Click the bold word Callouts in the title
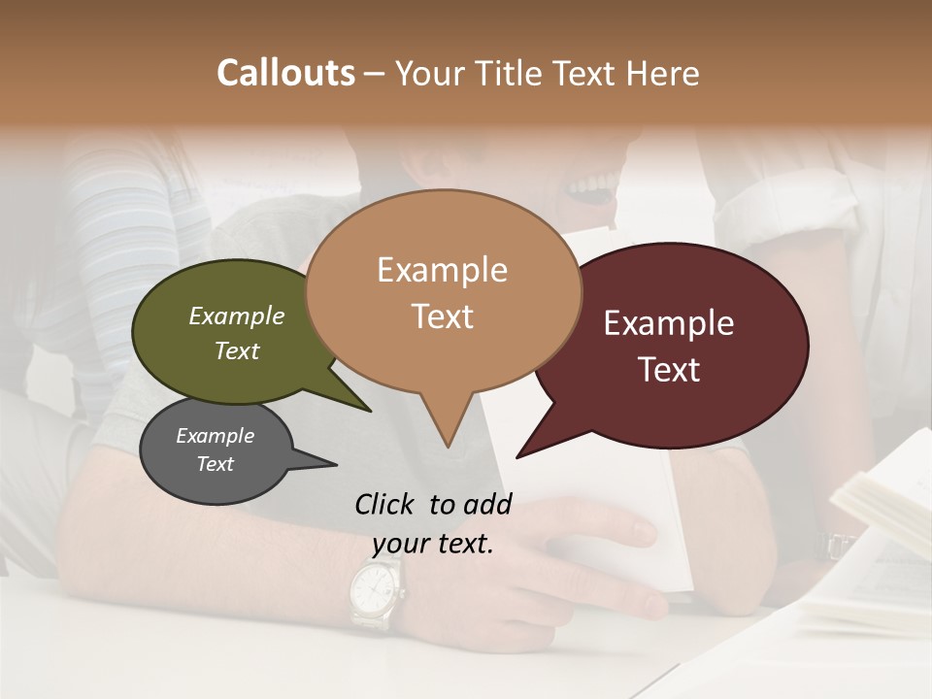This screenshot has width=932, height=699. click(285, 73)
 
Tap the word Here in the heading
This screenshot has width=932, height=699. click(663, 74)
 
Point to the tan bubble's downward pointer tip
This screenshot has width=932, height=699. click(448, 447)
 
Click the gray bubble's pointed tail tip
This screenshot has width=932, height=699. click(336, 465)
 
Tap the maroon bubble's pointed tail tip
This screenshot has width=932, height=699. click(517, 456)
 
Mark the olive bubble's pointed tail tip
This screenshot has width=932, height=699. click(370, 411)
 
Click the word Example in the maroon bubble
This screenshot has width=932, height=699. click(668, 323)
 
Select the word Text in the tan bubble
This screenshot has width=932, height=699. click(443, 316)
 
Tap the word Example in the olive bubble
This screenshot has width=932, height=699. click(237, 316)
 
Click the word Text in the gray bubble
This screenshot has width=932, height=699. click(216, 464)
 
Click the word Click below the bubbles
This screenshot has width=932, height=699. click(386, 504)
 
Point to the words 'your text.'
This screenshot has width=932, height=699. click(433, 544)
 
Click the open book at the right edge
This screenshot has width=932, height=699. click(879, 524)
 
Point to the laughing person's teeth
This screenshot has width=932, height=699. click(592, 185)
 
